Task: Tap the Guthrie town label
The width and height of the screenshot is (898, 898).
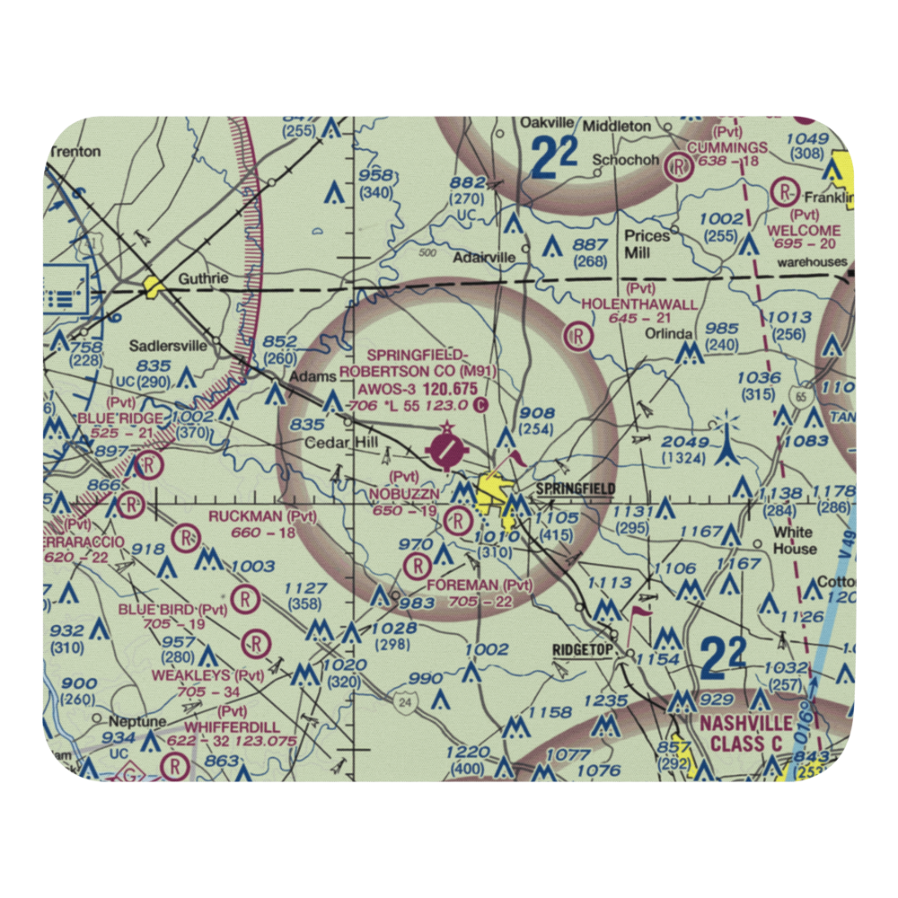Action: click(203, 278)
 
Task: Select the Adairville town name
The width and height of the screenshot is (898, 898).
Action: click(484, 257)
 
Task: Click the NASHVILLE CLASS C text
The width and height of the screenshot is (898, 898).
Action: click(746, 733)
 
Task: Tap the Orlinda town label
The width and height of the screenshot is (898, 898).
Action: click(669, 334)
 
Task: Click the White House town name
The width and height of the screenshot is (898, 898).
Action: click(795, 539)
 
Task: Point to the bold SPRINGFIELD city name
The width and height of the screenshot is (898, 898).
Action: click(576, 488)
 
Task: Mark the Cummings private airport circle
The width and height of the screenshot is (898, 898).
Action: click(682, 166)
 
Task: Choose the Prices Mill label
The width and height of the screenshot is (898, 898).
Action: click(647, 244)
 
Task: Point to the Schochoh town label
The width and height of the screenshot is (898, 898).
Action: click(626, 161)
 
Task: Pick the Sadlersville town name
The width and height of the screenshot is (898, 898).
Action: click(168, 346)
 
